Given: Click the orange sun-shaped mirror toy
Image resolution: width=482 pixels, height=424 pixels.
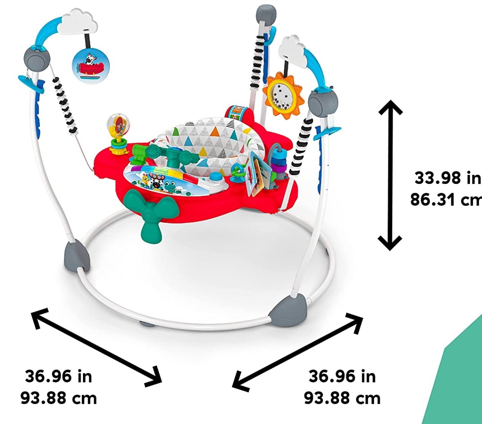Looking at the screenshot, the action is pos(283,94).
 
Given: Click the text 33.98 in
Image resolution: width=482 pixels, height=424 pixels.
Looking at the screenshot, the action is pos(448,178).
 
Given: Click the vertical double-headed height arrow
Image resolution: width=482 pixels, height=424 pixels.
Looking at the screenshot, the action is pos(390,175).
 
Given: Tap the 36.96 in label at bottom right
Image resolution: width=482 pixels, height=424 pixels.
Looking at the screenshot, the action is pos(342,377).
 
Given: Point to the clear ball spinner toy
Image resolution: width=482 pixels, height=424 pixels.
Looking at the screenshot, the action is pos(118,134).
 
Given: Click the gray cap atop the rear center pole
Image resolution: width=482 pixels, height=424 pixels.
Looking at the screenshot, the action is pos(266,14).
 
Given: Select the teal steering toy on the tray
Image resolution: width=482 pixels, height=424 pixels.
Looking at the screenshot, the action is pos(172,155).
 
